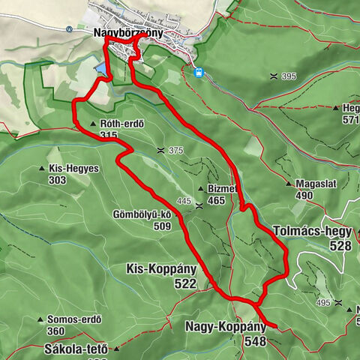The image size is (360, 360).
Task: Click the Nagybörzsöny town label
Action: (128, 34)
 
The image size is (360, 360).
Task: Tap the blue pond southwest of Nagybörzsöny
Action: (100, 69)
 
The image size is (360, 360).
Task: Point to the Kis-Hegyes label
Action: (73, 169)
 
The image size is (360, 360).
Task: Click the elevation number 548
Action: (254, 341)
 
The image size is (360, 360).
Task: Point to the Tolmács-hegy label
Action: (313, 231)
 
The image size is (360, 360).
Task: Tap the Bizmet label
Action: (223, 189)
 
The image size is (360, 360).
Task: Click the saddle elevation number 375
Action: (175, 151)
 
